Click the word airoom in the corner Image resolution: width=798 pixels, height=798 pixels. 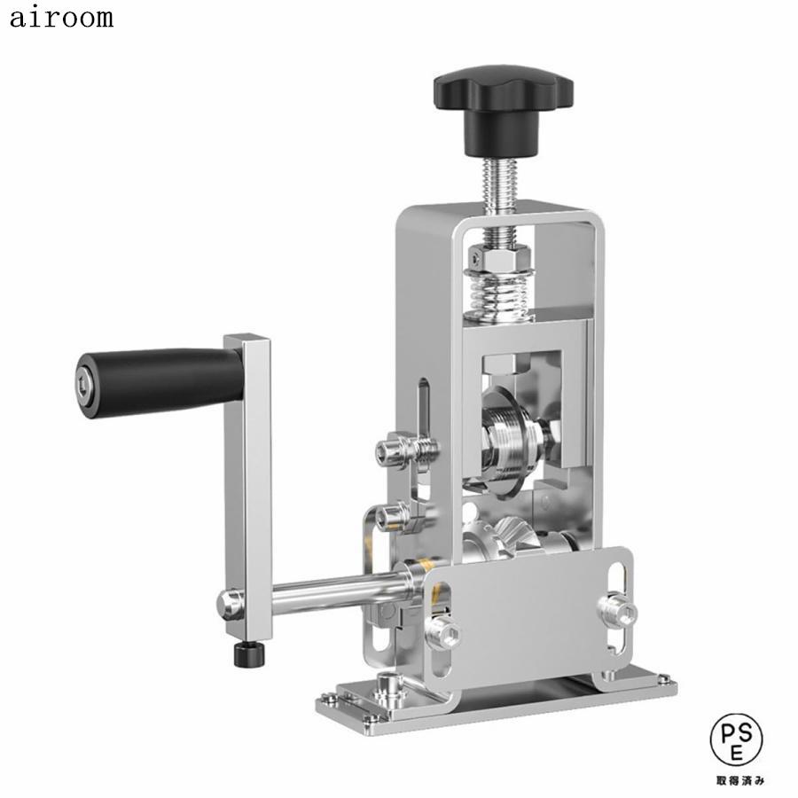61,19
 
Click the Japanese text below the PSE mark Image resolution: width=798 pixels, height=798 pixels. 739,780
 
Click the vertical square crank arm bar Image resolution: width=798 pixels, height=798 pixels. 249,470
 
